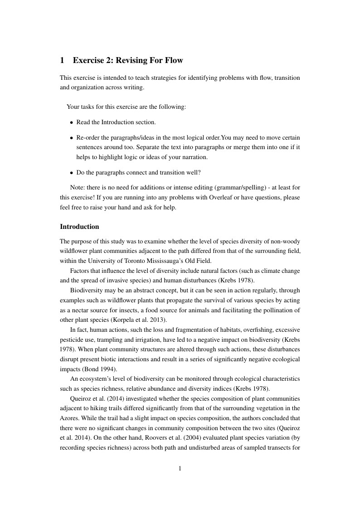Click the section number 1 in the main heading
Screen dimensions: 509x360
point(63,60)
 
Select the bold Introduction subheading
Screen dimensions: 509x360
point(79,227)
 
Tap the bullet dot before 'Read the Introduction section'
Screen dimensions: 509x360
point(72,122)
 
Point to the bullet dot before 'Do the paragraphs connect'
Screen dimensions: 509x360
point(72,173)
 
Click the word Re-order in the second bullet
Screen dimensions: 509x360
point(89,137)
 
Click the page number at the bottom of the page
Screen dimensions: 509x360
point(180,469)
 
